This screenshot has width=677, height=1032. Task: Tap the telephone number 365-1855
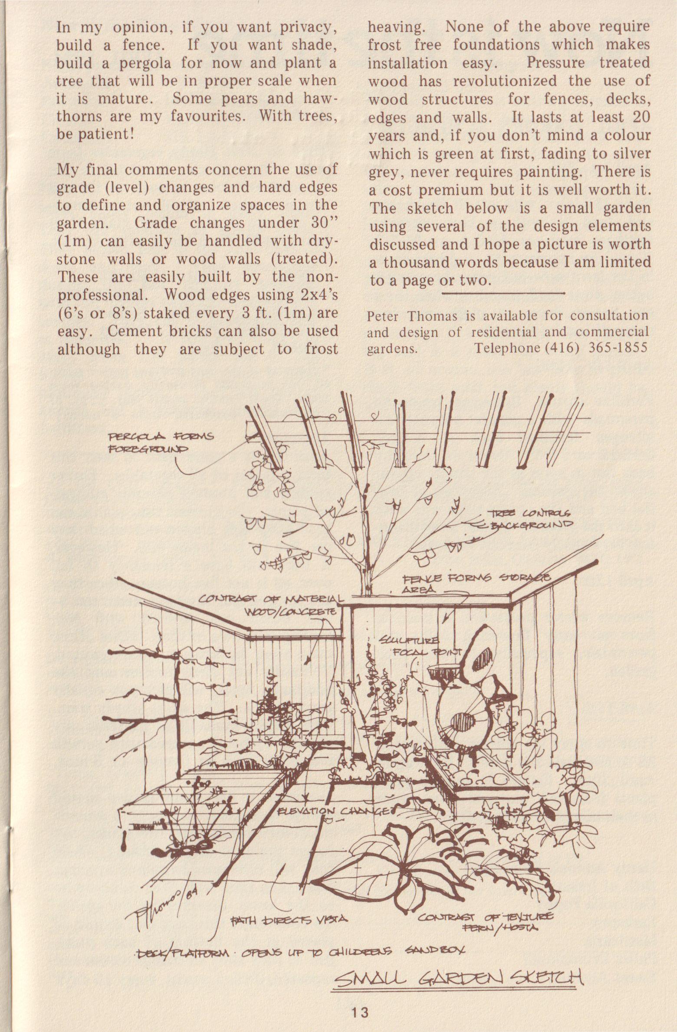click(x=618, y=348)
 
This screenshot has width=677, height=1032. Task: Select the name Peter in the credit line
click(x=382, y=316)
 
